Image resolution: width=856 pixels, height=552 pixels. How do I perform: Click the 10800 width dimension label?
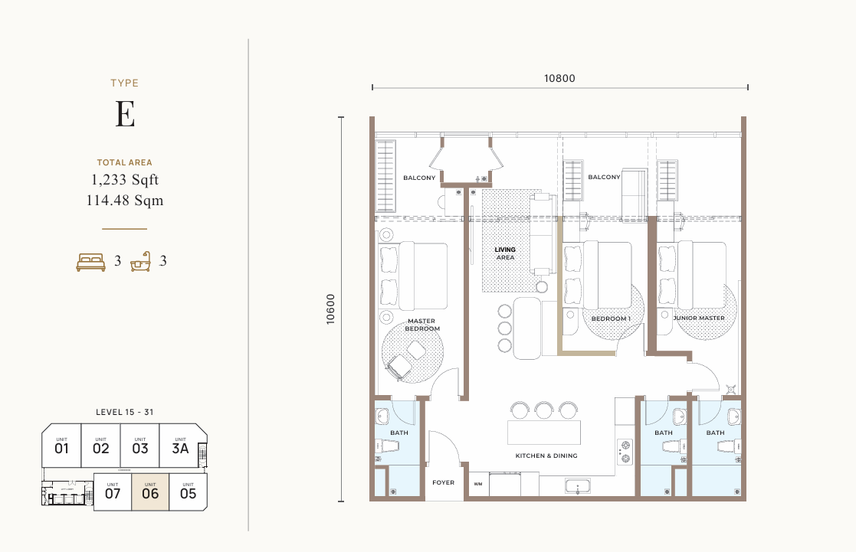pos(559,77)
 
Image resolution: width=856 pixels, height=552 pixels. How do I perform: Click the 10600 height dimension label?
pos(330,309)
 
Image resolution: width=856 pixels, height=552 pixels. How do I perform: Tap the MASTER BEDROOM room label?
pos(422,325)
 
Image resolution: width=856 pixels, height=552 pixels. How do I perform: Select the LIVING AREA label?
pos(505,253)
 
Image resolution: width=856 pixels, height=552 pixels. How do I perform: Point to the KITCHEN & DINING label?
pos(546,456)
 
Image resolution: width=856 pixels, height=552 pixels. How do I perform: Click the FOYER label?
pos(443,483)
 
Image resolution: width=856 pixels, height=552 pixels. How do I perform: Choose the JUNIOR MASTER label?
pos(699,318)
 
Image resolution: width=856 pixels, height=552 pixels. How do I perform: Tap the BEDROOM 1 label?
pos(611,318)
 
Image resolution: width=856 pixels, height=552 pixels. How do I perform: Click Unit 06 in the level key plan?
pos(150,492)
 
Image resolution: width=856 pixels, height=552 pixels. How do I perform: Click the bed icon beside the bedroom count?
pos(90,262)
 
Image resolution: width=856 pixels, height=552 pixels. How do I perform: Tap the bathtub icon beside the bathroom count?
pos(139,263)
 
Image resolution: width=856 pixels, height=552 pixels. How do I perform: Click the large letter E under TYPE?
pos(125,114)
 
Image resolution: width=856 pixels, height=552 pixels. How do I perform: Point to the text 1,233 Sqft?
pos(125,180)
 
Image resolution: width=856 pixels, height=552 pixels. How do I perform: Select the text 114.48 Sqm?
pos(125,201)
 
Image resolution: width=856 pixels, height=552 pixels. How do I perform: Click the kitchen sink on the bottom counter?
pos(576,485)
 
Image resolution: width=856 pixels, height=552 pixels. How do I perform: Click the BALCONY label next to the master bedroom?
pos(419,178)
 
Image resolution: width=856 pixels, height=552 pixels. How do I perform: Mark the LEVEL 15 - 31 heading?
pos(125,412)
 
